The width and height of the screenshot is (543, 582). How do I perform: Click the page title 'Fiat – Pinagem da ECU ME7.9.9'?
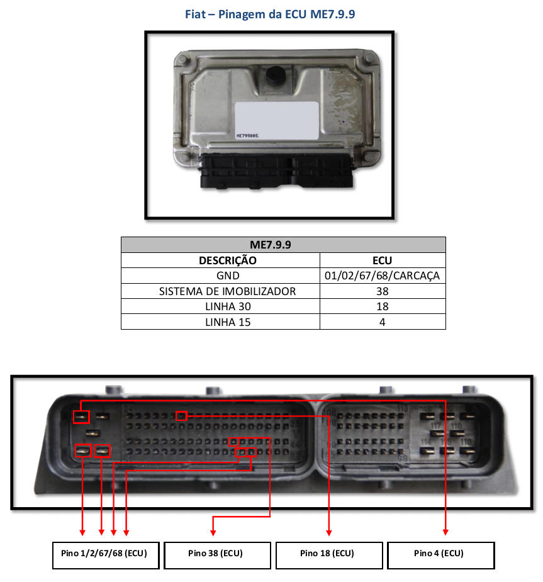pyautogui.click(x=271, y=14)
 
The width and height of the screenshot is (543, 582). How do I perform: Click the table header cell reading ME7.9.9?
pyautogui.click(x=283, y=244)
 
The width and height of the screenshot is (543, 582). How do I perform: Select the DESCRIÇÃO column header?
pyautogui.click(x=220, y=260)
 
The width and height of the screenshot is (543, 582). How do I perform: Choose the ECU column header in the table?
pyautogui.click(x=383, y=260)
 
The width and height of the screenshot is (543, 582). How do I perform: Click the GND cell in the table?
pyautogui.click(x=220, y=276)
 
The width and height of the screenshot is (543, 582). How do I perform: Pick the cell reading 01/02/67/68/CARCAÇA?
pyautogui.click(x=383, y=276)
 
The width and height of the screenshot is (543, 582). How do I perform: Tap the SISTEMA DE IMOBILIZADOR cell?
pyautogui.click(x=220, y=291)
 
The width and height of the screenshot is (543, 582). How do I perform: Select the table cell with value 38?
pyautogui.click(x=383, y=291)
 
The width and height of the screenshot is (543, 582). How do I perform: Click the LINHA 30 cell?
pyautogui.click(x=220, y=306)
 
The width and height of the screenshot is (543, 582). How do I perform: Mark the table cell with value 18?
pyautogui.click(x=383, y=306)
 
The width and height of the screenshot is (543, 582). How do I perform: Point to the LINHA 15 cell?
pyautogui.click(x=220, y=322)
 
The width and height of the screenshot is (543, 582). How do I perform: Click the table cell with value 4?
pyautogui.click(x=383, y=322)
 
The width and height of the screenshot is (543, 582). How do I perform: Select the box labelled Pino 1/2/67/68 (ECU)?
pyautogui.click(x=105, y=554)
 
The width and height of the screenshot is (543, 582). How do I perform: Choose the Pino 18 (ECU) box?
pyautogui.click(x=328, y=554)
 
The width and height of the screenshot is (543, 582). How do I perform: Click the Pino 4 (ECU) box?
pyautogui.click(x=440, y=554)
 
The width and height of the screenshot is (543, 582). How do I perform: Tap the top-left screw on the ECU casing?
pyautogui.click(x=183, y=60)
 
